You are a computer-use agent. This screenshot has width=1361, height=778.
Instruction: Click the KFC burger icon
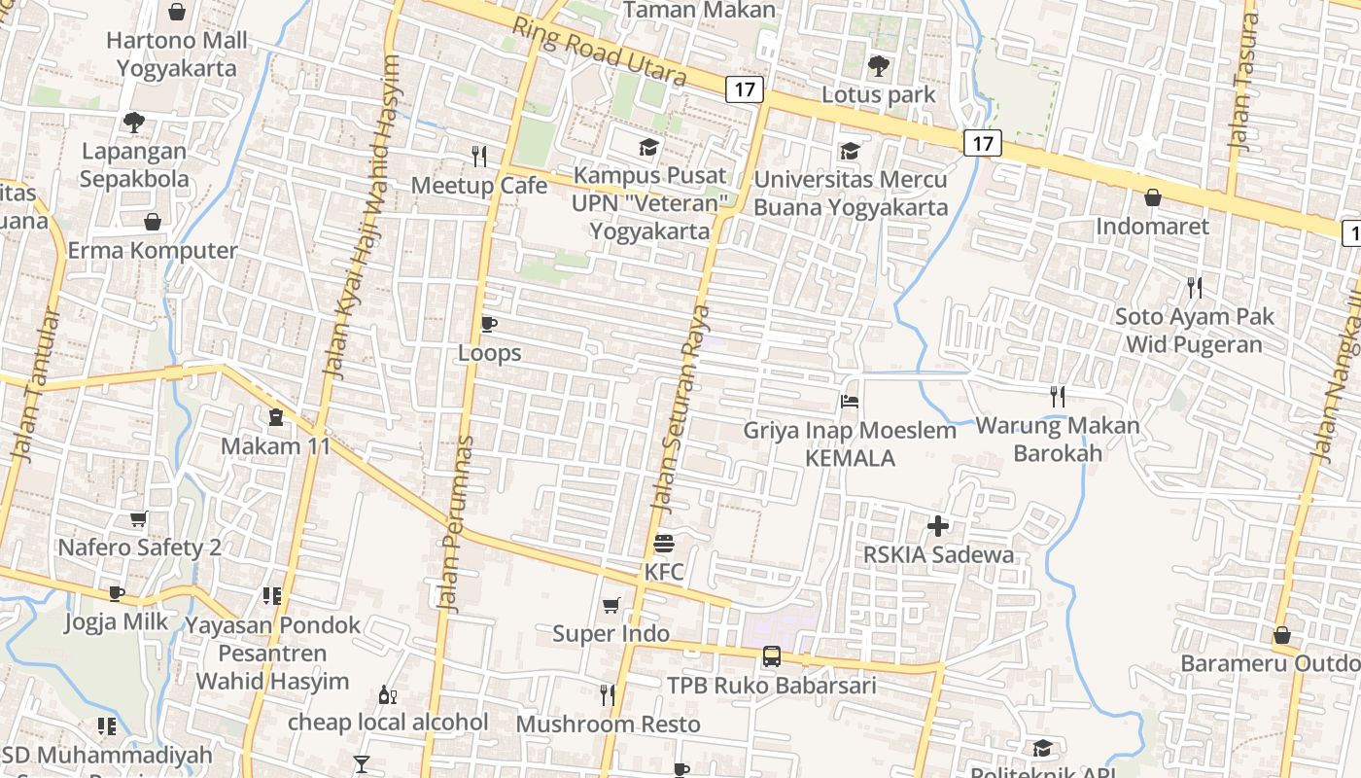click(x=664, y=543)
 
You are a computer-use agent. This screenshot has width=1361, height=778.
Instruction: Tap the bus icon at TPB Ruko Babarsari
click(x=771, y=655)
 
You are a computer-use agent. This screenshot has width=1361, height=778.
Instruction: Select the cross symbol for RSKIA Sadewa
click(x=938, y=526)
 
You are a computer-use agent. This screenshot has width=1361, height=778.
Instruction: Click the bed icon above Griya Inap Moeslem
click(x=850, y=401)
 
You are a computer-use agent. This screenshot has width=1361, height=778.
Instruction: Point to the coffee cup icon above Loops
click(x=489, y=324)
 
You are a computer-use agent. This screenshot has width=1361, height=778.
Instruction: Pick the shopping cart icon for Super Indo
click(x=611, y=606)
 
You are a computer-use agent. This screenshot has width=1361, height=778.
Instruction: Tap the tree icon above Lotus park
click(x=879, y=66)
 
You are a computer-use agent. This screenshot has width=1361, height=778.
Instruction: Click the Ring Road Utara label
click(x=600, y=52)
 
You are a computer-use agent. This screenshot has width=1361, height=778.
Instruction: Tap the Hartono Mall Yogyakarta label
click(x=177, y=54)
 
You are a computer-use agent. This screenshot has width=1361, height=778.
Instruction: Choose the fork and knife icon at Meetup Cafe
click(x=478, y=156)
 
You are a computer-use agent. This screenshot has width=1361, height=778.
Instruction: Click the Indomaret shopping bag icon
click(x=1153, y=197)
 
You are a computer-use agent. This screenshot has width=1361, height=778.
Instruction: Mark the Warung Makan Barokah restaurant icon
click(x=1058, y=396)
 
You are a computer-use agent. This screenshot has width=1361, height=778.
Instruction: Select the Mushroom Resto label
click(x=608, y=725)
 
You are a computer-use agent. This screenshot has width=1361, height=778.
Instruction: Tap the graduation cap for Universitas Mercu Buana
click(x=850, y=151)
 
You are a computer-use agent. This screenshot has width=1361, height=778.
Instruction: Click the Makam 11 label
click(x=276, y=446)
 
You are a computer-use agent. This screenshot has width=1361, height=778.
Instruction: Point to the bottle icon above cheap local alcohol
click(x=387, y=695)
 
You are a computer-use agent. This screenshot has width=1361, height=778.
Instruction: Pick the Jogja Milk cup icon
click(x=117, y=593)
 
